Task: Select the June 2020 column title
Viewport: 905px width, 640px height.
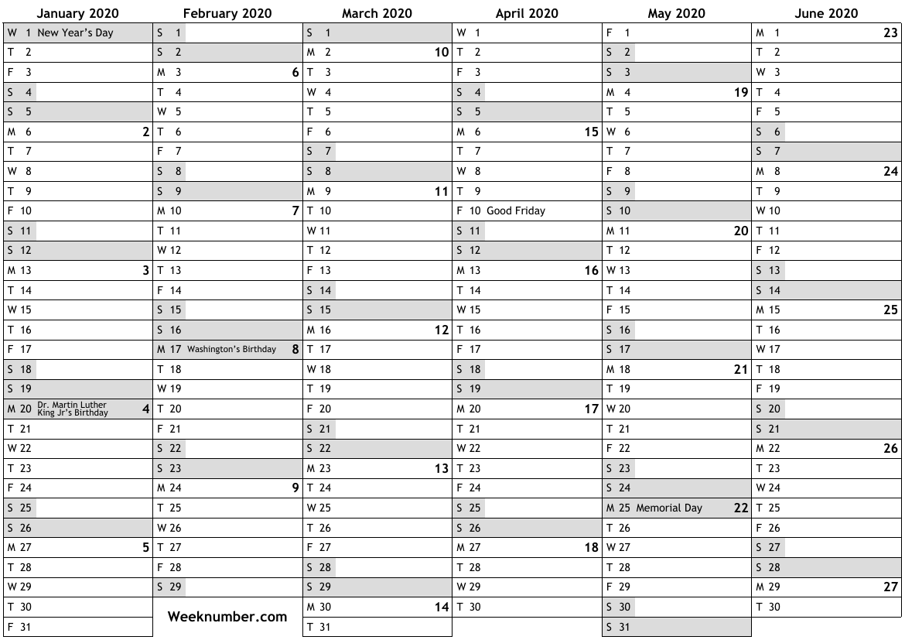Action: [826, 13]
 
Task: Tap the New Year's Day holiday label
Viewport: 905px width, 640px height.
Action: [76, 33]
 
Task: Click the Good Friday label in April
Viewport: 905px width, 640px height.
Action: [516, 210]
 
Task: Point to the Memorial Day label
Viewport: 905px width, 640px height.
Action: [669, 508]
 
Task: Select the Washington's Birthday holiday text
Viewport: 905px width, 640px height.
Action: [231, 349]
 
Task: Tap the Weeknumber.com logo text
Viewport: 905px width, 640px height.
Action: [227, 617]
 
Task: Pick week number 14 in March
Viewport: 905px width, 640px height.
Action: [442, 607]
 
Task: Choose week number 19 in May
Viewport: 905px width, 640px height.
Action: [741, 93]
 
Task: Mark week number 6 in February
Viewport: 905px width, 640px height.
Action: [295, 73]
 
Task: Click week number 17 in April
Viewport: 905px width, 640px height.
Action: [592, 409]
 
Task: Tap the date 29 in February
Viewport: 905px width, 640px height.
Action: [176, 587]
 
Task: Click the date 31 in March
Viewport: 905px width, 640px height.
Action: [325, 627]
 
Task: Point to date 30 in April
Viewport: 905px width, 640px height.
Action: [475, 607]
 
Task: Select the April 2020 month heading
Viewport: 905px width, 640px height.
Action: [527, 13]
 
